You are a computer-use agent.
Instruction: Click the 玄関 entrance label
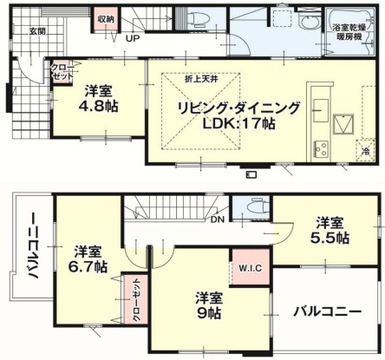pos(37,31)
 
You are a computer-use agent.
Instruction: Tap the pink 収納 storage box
pos(106,19)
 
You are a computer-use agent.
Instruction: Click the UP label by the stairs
pos(133,38)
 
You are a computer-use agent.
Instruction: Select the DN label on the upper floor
pos(217,219)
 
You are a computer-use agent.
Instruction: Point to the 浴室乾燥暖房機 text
pos(349,32)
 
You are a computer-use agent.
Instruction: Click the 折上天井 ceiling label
pos(201,79)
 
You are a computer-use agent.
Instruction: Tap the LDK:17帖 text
pos(238,124)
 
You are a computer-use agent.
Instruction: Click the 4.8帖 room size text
pos(98,107)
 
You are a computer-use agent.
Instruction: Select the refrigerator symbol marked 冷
pos(366,150)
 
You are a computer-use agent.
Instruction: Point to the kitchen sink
pos(321,110)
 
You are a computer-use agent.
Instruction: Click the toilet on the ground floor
pos(199,18)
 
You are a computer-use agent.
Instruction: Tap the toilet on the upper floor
pos(259,207)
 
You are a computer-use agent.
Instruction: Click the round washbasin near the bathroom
pos(309,23)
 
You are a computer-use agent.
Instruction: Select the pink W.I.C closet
pos(250,268)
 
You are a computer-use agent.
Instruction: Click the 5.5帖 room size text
pos(330,238)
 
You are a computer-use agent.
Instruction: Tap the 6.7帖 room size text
pos(88,266)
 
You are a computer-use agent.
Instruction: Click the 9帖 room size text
pos(209,313)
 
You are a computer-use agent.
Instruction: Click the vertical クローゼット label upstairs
pos(136,299)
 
